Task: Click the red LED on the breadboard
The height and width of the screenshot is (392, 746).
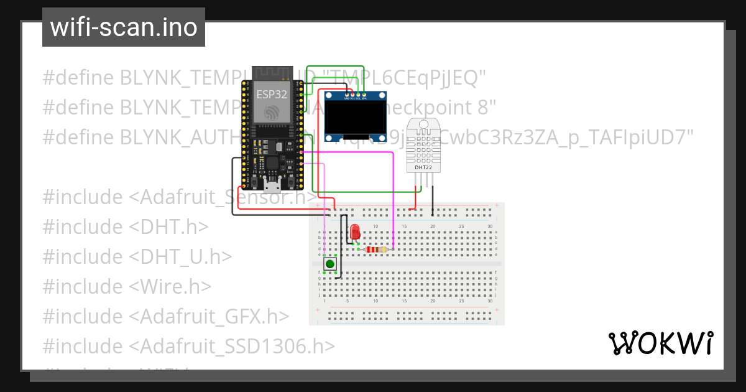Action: [x=355, y=233]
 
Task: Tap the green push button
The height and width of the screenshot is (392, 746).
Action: [x=330, y=264]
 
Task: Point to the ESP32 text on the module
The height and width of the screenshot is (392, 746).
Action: [x=272, y=95]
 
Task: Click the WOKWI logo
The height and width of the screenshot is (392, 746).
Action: [x=660, y=343]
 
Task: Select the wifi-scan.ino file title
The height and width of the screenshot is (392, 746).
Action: [x=124, y=27]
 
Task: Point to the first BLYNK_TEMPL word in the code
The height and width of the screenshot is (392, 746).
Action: [x=180, y=78]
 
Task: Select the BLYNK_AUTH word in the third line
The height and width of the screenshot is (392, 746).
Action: [x=174, y=137]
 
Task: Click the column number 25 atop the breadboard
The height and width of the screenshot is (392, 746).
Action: [x=461, y=226]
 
